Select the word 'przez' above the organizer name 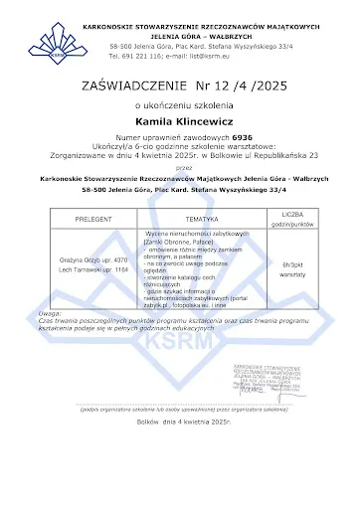(x=179, y=167)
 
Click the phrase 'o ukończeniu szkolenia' (x=179, y=104)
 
